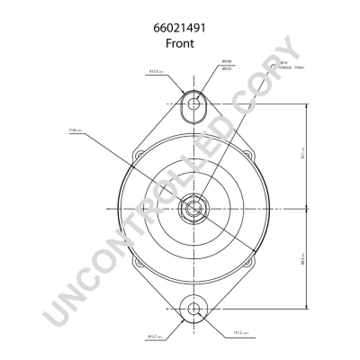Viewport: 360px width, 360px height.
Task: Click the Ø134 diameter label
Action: click(x=75, y=130)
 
